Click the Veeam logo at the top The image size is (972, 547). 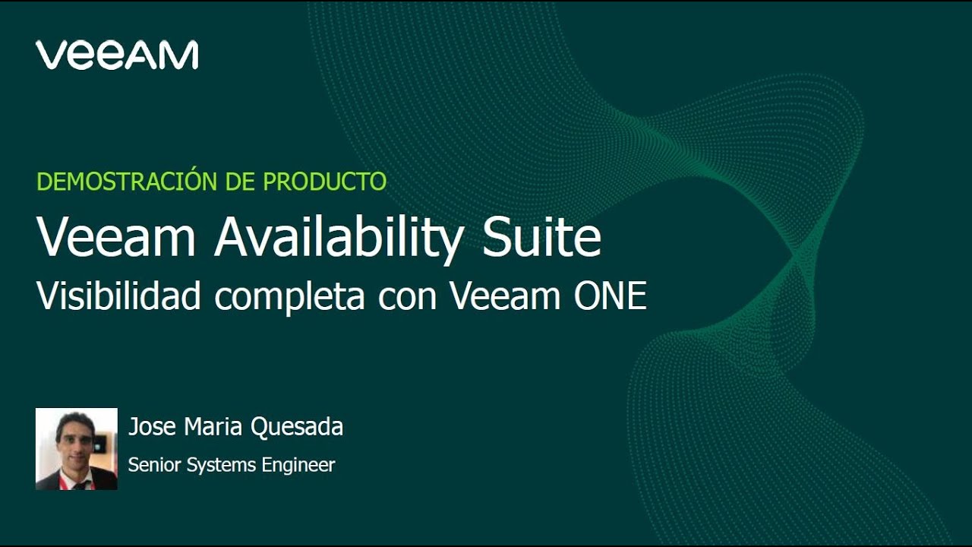(x=117, y=55)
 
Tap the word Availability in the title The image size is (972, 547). (x=338, y=239)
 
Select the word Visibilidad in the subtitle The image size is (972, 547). (x=118, y=296)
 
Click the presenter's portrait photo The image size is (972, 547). (x=77, y=448)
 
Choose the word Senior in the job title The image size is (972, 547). (x=152, y=465)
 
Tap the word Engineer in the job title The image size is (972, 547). (x=298, y=466)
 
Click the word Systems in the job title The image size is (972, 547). (x=222, y=466)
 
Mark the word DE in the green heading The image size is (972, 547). (x=241, y=182)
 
